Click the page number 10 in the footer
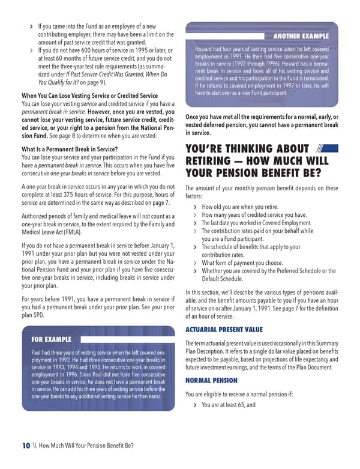(26, 445)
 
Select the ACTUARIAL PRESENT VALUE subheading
(224, 329)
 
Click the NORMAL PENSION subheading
(211, 381)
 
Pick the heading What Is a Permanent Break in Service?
(69, 149)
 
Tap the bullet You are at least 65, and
(229, 405)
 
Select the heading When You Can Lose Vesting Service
(89, 96)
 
